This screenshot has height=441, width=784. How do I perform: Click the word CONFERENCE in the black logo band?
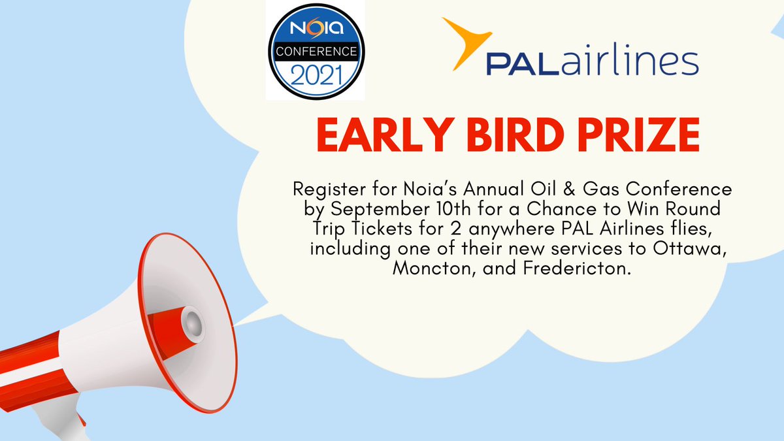click(315, 51)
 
